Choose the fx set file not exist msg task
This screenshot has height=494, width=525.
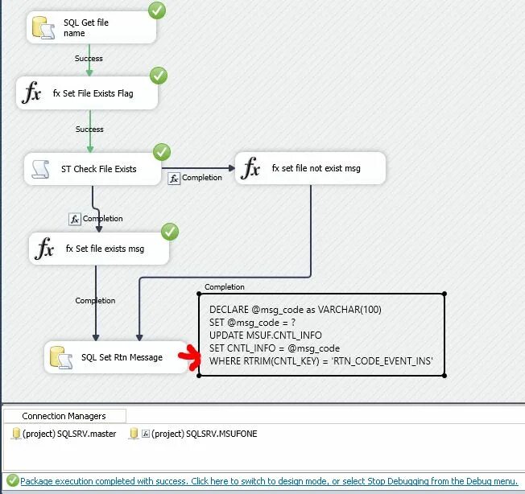(310, 169)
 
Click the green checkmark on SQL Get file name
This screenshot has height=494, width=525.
(157, 11)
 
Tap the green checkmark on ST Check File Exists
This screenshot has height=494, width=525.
(162, 152)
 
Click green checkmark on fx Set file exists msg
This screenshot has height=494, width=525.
(169, 232)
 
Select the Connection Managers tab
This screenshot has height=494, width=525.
(64, 416)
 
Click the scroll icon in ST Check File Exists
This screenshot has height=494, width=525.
(40, 169)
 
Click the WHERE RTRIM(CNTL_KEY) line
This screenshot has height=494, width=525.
(321, 360)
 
